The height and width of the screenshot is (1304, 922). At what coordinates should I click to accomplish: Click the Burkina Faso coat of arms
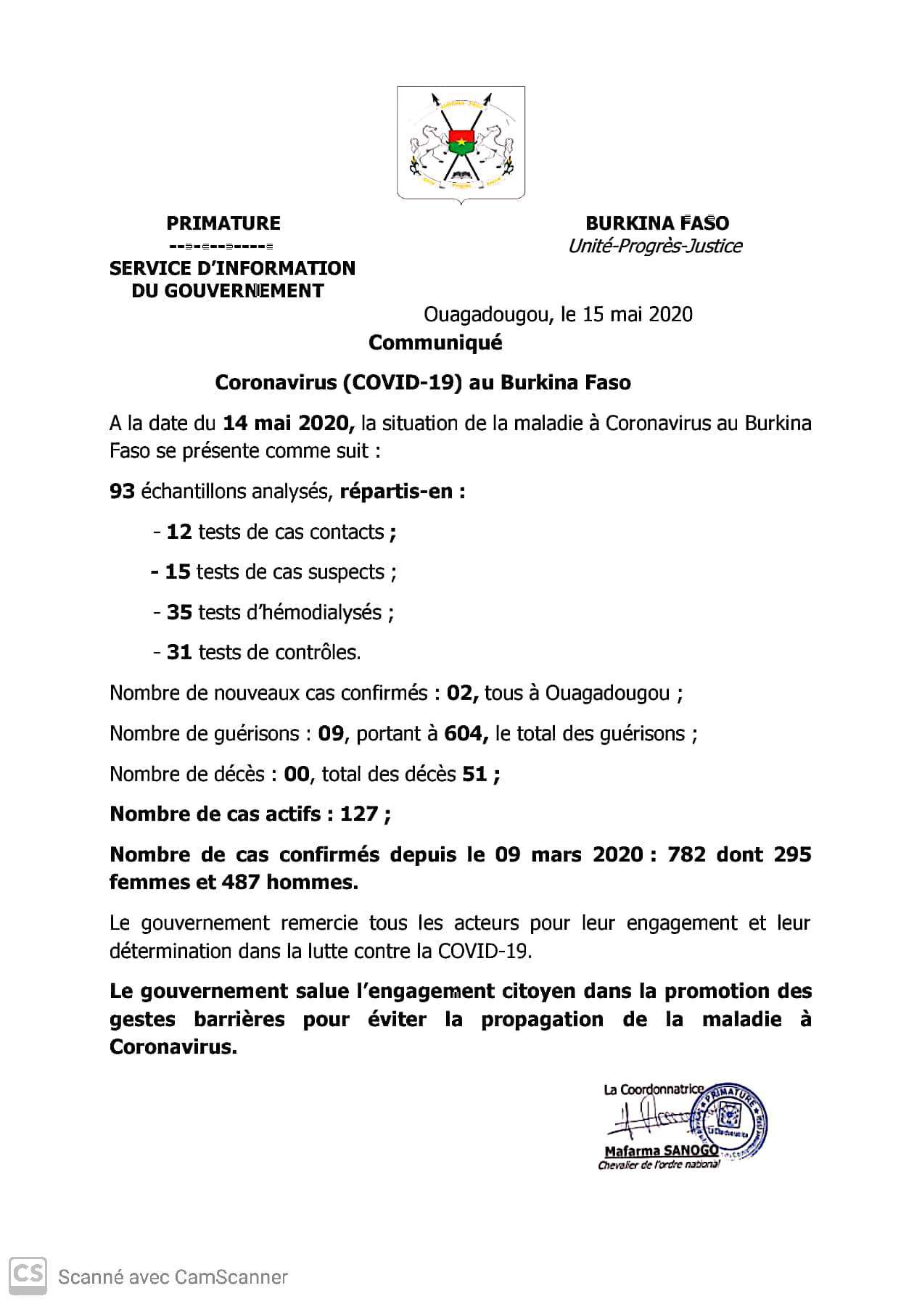(x=461, y=144)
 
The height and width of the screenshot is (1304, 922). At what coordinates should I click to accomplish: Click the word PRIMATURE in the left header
(x=223, y=223)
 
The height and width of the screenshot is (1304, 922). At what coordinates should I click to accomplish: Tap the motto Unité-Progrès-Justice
(x=654, y=247)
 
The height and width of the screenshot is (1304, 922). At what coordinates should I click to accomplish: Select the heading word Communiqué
(x=435, y=342)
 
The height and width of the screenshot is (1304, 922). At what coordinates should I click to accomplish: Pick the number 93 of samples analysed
(x=122, y=492)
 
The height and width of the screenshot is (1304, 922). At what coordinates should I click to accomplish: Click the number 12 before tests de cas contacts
(x=179, y=532)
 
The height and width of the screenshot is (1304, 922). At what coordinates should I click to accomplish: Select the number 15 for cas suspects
(x=178, y=572)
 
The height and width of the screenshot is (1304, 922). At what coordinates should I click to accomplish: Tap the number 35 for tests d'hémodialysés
(x=179, y=613)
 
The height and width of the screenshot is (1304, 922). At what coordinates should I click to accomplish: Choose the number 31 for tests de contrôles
(x=179, y=653)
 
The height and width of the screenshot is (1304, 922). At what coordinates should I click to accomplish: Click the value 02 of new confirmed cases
(x=461, y=693)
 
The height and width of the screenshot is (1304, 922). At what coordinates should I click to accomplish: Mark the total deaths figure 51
(x=475, y=775)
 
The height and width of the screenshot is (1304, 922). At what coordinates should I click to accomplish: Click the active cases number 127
(x=358, y=814)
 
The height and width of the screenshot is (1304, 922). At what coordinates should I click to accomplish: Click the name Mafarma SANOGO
(x=661, y=1151)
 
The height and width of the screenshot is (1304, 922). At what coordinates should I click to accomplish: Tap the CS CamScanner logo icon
(x=28, y=1276)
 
